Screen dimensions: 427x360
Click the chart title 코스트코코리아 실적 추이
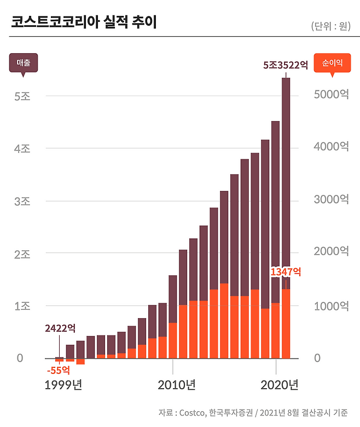pyautogui.click(x=84, y=23)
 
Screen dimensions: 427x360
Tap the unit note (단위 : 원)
pyautogui.click(x=330, y=26)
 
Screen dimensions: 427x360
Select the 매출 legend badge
pyautogui.click(x=23, y=63)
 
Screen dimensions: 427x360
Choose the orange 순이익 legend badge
pyautogui.click(x=332, y=63)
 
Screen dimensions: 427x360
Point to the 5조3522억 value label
pyautogui.click(x=286, y=65)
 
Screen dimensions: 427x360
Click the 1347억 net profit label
pyautogui.click(x=286, y=272)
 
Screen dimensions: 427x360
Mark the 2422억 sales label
pyautogui.click(x=60, y=328)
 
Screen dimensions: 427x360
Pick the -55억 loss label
pyautogui.click(x=59, y=371)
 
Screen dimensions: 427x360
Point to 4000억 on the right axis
pyautogui.click(x=330, y=147)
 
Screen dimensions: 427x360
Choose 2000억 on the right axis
pyautogui.click(x=330, y=251)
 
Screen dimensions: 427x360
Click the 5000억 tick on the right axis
pyautogui.click(x=330, y=94)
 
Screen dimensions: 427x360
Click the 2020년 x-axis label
pyautogui.click(x=279, y=385)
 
